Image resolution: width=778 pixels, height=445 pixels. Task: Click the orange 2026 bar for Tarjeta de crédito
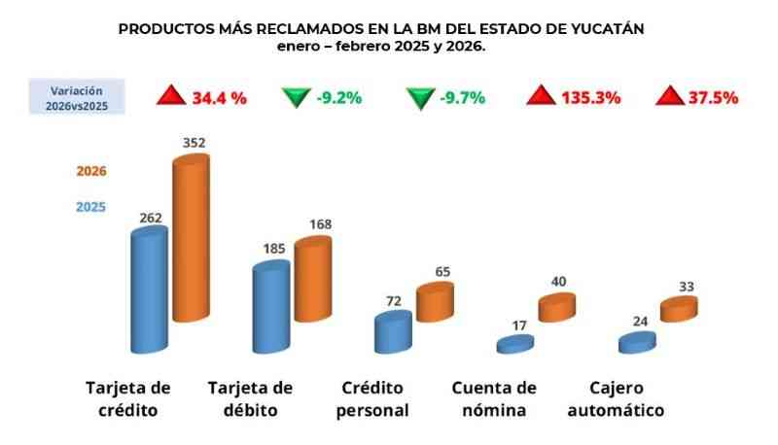pyautogui.click(x=191, y=238)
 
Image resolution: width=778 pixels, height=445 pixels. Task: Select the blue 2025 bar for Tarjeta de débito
pyautogui.click(x=271, y=307)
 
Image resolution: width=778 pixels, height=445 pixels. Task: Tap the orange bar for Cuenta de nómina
pyautogui.click(x=557, y=307)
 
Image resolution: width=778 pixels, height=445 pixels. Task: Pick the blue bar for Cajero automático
pyautogui.click(x=637, y=342)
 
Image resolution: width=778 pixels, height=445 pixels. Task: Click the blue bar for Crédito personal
pyautogui.click(x=393, y=332)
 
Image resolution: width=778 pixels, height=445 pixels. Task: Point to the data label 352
pyautogui.click(x=194, y=143)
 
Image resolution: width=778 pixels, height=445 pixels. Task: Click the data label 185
pyautogui.click(x=274, y=249)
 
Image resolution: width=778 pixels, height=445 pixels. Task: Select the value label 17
pyautogui.click(x=519, y=325)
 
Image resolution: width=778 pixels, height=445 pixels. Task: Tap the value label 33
pyautogui.click(x=687, y=287)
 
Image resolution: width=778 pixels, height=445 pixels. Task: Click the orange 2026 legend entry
pyautogui.click(x=91, y=171)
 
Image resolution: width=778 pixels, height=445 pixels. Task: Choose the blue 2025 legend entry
pyautogui.click(x=90, y=207)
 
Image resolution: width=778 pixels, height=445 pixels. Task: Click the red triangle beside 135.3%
pyautogui.click(x=541, y=95)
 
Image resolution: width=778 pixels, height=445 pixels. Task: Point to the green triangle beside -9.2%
pyautogui.click(x=297, y=97)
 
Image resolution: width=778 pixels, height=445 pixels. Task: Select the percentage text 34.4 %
pyautogui.click(x=220, y=98)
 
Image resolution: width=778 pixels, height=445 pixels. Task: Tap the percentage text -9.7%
pyautogui.click(x=463, y=97)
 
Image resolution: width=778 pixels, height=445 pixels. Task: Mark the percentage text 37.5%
pyautogui.click(x=714, y=97)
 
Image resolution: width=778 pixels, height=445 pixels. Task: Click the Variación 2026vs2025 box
pyautogui.click(x=77, y=96)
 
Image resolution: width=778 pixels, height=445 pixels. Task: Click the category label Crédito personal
pyautogui.click(x=372, y=399)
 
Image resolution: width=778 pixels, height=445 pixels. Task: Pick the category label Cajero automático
pyautogui.click(x=616, y=399)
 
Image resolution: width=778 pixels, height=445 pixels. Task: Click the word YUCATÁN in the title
pyautogui.click(x=607, y=29)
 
